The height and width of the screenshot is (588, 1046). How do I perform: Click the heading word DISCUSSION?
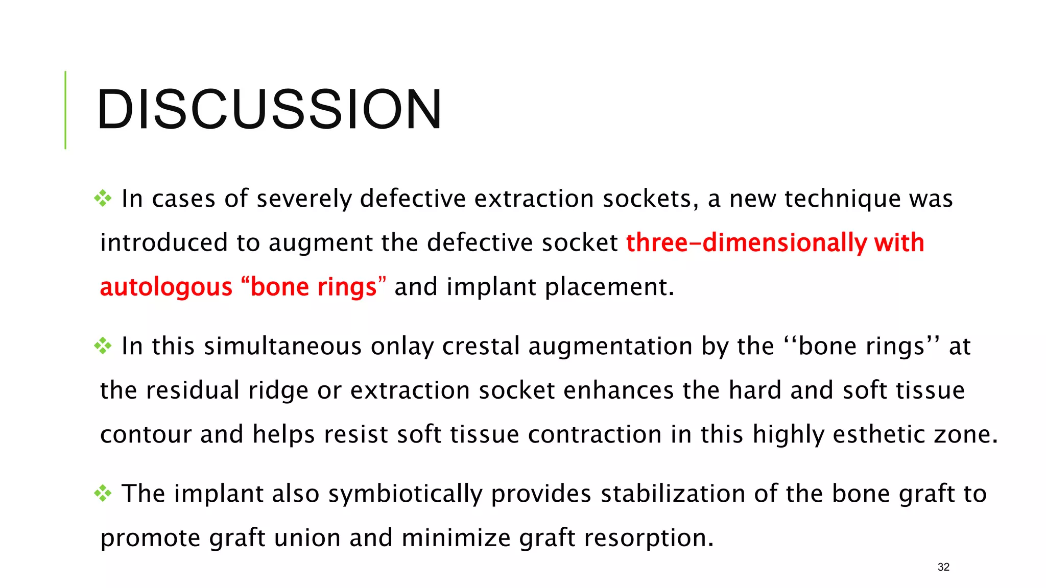tap(269, 110)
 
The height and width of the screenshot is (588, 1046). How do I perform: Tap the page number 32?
tap(943, 567)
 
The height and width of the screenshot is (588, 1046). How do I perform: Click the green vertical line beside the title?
tap(65, 110)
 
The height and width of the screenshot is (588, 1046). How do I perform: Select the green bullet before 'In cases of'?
tap(103, 199)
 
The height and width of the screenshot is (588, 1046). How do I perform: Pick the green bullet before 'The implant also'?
tap(103, 494)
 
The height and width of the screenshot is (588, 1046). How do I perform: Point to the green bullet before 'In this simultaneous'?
tap(103, 346)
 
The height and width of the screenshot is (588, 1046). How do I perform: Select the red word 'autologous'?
tap(166, 287)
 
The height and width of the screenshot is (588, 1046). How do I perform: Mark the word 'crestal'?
tap(481, 347)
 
